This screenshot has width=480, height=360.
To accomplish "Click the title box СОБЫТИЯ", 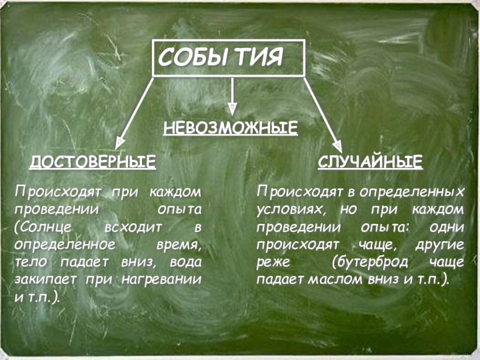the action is pyautogui.click(x=230, y=58).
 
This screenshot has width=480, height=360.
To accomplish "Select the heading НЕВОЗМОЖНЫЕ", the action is pyautogui.click(x=231, y=128).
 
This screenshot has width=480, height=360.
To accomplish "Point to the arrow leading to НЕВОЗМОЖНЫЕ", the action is pyautogui.click(x=232, y=96).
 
